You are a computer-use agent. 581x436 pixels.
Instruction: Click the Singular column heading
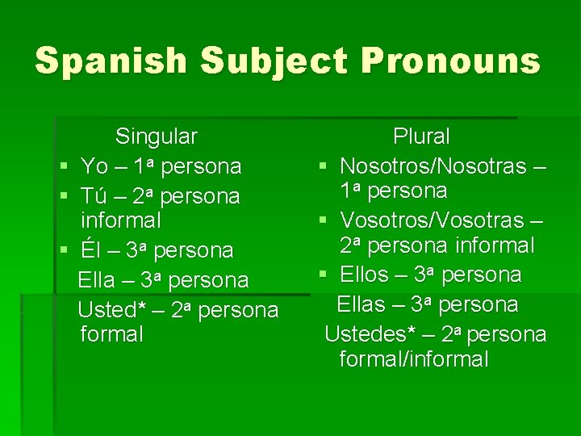point(156,136)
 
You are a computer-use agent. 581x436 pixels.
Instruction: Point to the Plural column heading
point(421,136)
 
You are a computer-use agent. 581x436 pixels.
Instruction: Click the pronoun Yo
point(94,166)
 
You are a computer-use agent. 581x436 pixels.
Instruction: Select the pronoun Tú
point(94,196)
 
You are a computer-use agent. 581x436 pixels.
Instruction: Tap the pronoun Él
point(90,250)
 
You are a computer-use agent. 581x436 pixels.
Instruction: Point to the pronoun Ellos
point(364,275)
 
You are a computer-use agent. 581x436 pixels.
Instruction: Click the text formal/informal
point(414,359)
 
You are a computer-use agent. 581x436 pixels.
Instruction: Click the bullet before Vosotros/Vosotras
point(322,220)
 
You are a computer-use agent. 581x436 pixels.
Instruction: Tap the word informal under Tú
point(121,220)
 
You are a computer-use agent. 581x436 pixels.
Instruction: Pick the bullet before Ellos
point(322,275)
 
